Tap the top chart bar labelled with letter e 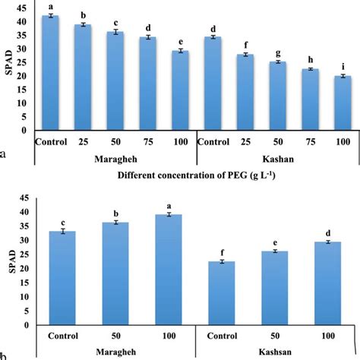(x=180, y=90)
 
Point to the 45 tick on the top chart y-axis (x=26, y=8)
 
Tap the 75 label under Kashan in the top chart (x=310, y=142)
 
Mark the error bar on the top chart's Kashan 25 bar (x=245, y=55)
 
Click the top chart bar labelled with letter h (x=310, y=99)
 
